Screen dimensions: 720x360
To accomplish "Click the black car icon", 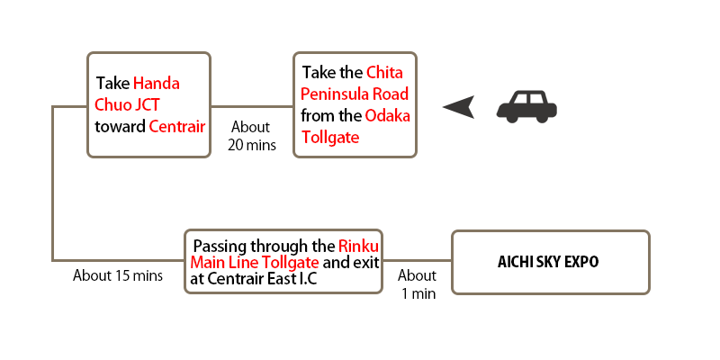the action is (x=526, y=106).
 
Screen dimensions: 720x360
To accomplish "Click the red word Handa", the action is (x=156, y=84).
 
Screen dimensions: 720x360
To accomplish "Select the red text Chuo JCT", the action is (x=127, y=104).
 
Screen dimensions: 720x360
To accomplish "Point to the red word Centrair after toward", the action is (x=176, y=126).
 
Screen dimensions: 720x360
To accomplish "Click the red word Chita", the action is (x=384, y=73).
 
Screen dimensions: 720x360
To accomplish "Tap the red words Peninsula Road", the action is (x=355, y=94).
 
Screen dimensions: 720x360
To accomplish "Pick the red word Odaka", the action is (x=388, y=116).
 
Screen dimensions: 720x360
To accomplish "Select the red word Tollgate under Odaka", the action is (x=330, y=137).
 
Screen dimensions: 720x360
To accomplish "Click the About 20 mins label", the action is (x=252, y=136).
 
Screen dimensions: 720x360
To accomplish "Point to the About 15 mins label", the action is (x=118, y=276).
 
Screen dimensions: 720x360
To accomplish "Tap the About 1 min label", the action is (x=418, y=284).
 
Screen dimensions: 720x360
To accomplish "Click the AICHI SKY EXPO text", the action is (x=548, y=262).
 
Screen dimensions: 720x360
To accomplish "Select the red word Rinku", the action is (x=358, y=247).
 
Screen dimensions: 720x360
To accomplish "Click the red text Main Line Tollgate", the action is (x=255, y=263).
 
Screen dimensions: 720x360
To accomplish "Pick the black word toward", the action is (x=121, y=126).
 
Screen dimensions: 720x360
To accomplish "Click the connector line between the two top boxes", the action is (x=252, y=106).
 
